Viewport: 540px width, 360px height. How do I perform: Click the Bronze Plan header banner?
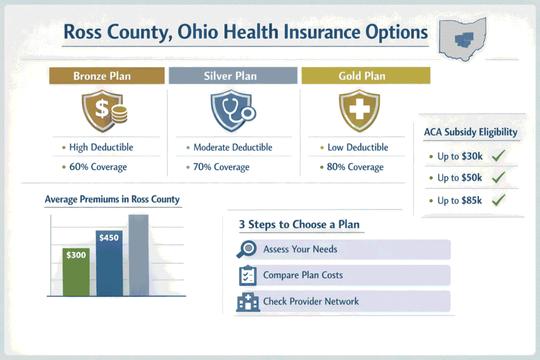pos(102,76)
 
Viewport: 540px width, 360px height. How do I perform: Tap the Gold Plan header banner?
pos(365,76)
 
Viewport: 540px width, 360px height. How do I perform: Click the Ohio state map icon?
pos(463,38)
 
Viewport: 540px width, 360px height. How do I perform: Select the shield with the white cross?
pos(359,110)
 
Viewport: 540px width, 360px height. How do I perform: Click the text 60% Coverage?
pos(98,167)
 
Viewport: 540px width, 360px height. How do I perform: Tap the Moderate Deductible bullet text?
pos(233,148)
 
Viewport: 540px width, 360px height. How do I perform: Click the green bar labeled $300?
pos(76,271)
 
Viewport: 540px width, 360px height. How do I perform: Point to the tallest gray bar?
pos(139,255)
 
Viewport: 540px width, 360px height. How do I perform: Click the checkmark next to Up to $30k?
pos(498,156)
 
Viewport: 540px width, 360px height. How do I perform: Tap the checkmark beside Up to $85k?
pos(498,200)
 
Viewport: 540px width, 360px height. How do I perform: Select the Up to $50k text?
pos(459,178)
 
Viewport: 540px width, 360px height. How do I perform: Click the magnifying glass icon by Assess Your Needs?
pos(246,249)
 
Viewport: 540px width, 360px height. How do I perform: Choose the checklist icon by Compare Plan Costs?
pos(247,275)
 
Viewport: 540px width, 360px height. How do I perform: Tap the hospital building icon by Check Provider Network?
pos(246,301)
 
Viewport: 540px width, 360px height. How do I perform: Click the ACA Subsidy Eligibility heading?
pos(470,132)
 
